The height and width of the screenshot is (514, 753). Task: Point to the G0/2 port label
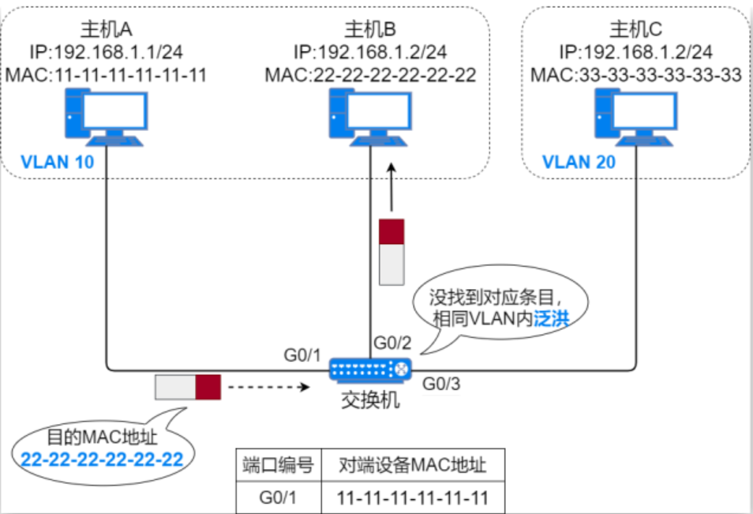click(392, 343)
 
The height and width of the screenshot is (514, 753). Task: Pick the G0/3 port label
click(443, 385)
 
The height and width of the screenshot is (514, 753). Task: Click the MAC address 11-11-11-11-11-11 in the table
click(411, 498)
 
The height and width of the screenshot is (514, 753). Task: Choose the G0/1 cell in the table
click(279, 498)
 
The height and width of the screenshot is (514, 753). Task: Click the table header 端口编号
click(279, 466)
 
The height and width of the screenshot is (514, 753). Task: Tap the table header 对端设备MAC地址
click(411, 466)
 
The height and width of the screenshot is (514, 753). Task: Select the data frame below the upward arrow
click(392, 252)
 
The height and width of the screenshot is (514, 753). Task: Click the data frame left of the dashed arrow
click(188, 387)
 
